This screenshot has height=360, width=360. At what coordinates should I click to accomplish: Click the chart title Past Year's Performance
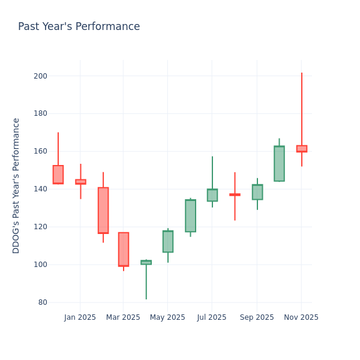click(79, 27)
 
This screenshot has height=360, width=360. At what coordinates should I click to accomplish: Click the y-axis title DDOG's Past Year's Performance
click(16, 185)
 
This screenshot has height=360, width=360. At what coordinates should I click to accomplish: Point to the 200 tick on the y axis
click(41, 76)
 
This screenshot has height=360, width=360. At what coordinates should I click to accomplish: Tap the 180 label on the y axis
click(41, 113)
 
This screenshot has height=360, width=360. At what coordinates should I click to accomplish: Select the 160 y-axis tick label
click(41, 151)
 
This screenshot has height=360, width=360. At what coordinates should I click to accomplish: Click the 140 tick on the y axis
click(41, 189)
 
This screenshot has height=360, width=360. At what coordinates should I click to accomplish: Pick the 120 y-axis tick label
click(41, 227)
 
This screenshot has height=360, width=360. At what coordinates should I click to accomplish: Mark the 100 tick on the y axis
click(41, 265)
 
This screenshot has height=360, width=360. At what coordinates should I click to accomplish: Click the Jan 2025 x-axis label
click(80, 317)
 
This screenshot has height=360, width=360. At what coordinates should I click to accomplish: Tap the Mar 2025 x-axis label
click(123, 317)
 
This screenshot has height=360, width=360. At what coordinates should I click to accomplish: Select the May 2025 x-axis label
click(167, 317)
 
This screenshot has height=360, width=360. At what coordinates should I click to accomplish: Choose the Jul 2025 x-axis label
click(211, 317)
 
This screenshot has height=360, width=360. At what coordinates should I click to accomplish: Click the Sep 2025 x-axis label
click(257, 317)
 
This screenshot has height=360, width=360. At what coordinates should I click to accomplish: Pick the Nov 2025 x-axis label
click(301, 317)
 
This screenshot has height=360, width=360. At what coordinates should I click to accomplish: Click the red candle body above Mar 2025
click(124, 249)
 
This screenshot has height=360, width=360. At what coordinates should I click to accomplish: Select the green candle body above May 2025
click(168, 241)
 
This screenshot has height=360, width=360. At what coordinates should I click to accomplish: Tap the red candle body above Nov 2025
click(302, 149)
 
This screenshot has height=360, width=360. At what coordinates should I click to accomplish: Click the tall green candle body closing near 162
click(279, 164)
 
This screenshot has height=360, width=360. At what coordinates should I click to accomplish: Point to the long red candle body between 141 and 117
click(103, 210)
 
